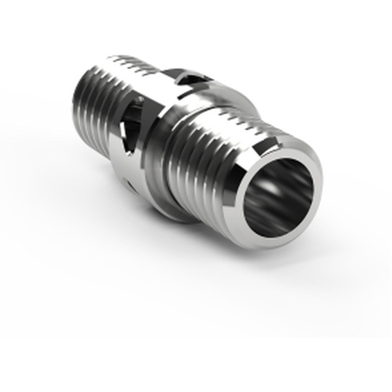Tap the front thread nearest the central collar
[x=180, y=154]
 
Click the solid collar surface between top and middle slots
[x=157, y=98]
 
